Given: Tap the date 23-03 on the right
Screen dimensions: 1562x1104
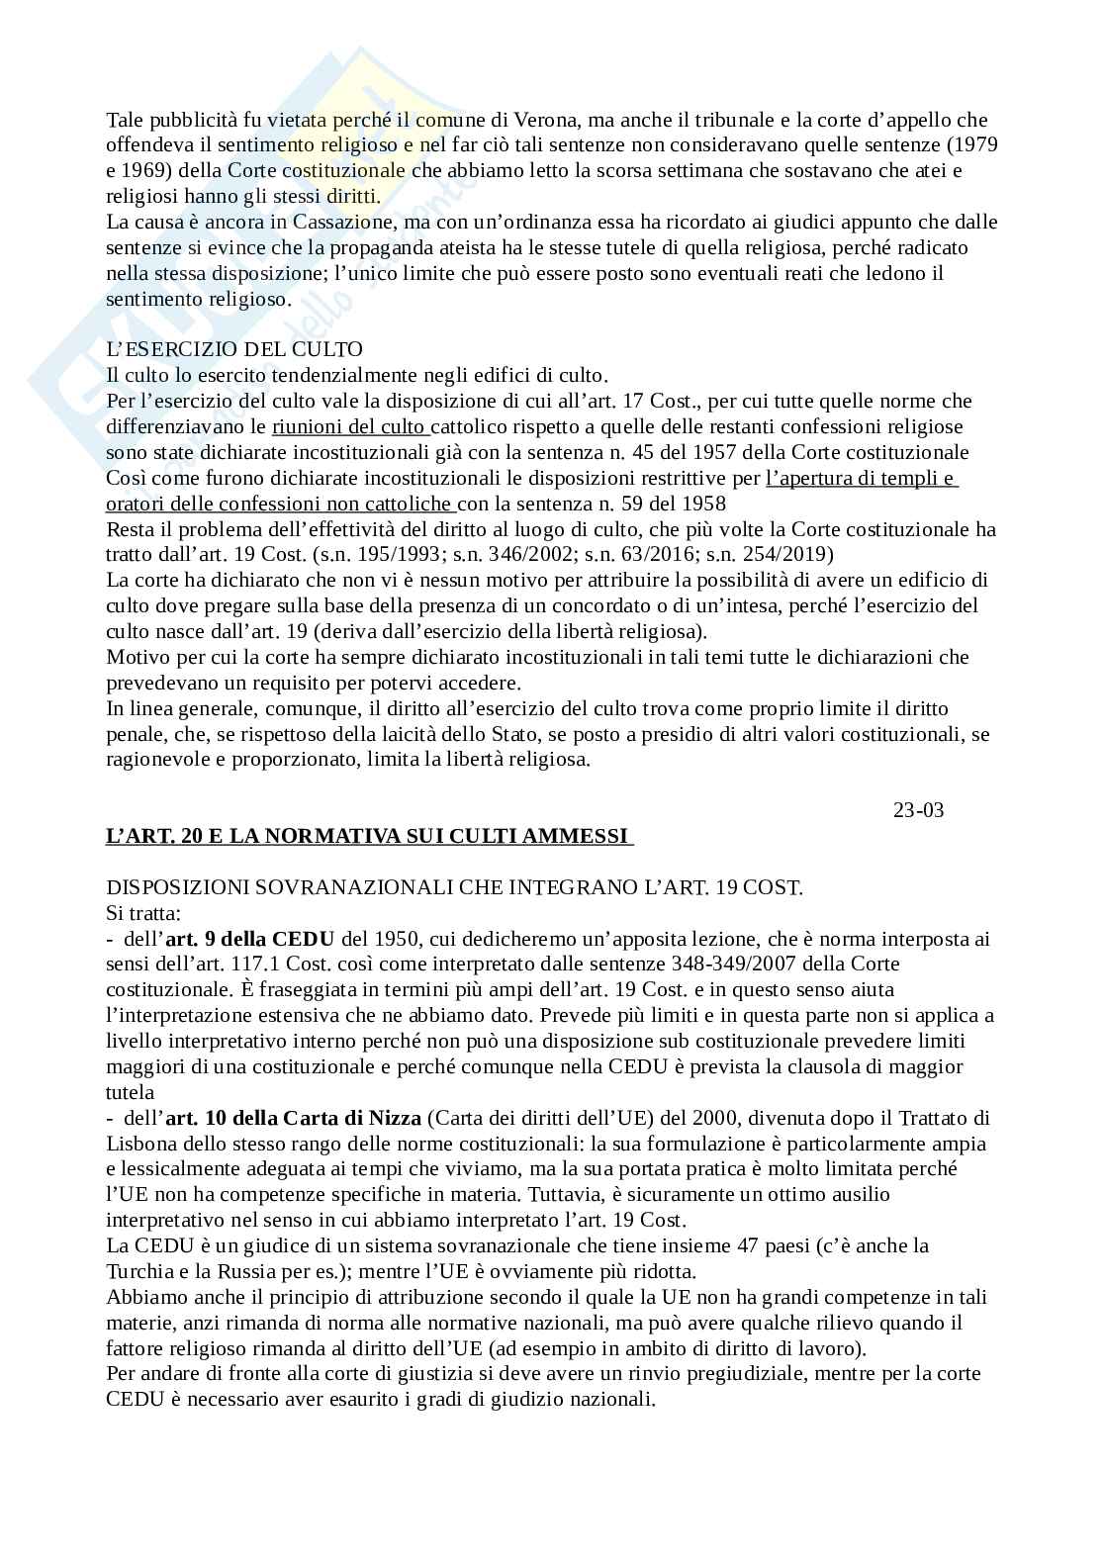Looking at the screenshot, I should pyautogui.click(x=918, y=810).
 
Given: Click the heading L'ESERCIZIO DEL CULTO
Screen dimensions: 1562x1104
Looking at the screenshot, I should pyautogui.click(x=234, y=349).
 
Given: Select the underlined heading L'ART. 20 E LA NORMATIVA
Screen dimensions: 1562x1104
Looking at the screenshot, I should pyautogui.click(x=368, y=836).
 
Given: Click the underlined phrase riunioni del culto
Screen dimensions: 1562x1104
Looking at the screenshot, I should pyautogui.click(x=349, y=426).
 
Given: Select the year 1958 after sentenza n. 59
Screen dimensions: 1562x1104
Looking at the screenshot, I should pyautogui.click(x=704, y=503).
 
